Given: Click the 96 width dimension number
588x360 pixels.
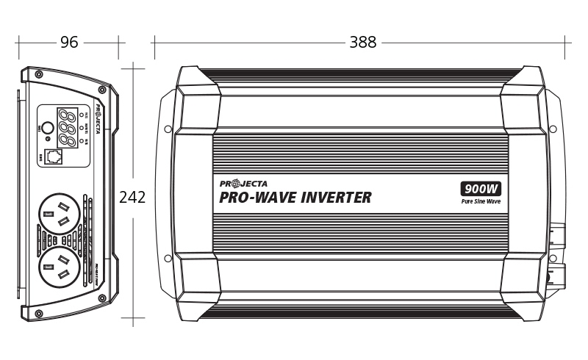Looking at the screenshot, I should tap(69, 43).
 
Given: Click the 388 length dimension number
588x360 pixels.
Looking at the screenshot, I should tap(362, 43).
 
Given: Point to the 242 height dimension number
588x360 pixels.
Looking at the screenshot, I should tap(132, 197).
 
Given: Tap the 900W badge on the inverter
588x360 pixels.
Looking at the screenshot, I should tap(481, 188).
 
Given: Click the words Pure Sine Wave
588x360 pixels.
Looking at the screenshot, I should tap(481, 201).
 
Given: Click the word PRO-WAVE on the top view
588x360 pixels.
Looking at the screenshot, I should tap(251, 197).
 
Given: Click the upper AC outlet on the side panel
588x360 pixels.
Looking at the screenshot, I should tap(58, 217).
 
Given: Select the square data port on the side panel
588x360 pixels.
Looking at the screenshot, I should tap(54, 156).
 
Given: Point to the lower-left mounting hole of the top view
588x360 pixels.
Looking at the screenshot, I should tap(168, 258).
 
